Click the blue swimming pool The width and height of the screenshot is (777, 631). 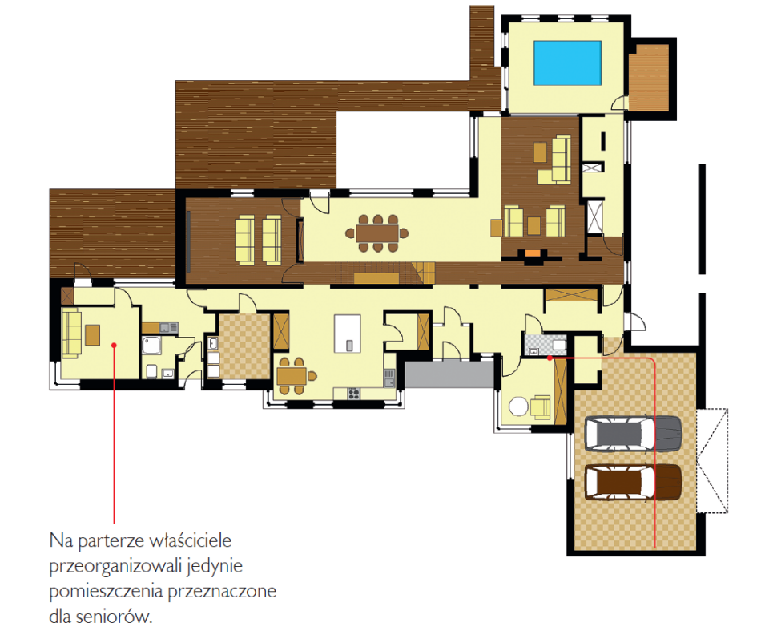pos(567,63)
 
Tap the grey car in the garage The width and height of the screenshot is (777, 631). pos(634,434)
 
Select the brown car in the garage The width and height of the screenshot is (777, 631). pos(634,482)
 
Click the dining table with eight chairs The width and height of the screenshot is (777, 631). pos(377,233)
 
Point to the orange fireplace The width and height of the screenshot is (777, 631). pos(533,253)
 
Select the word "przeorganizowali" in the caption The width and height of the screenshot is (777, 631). pos(115,567)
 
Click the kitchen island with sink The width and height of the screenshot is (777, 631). pos(348,334)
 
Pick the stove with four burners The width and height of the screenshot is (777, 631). pos(353,394)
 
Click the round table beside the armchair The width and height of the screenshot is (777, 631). pos(518,407)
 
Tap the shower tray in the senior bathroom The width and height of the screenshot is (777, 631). pos(151,346)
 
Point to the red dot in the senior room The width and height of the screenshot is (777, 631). pos(114,345)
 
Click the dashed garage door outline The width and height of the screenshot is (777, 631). pos(712,460)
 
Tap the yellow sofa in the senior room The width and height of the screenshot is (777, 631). pos(71,334)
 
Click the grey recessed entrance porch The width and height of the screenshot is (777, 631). pos(449,374)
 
